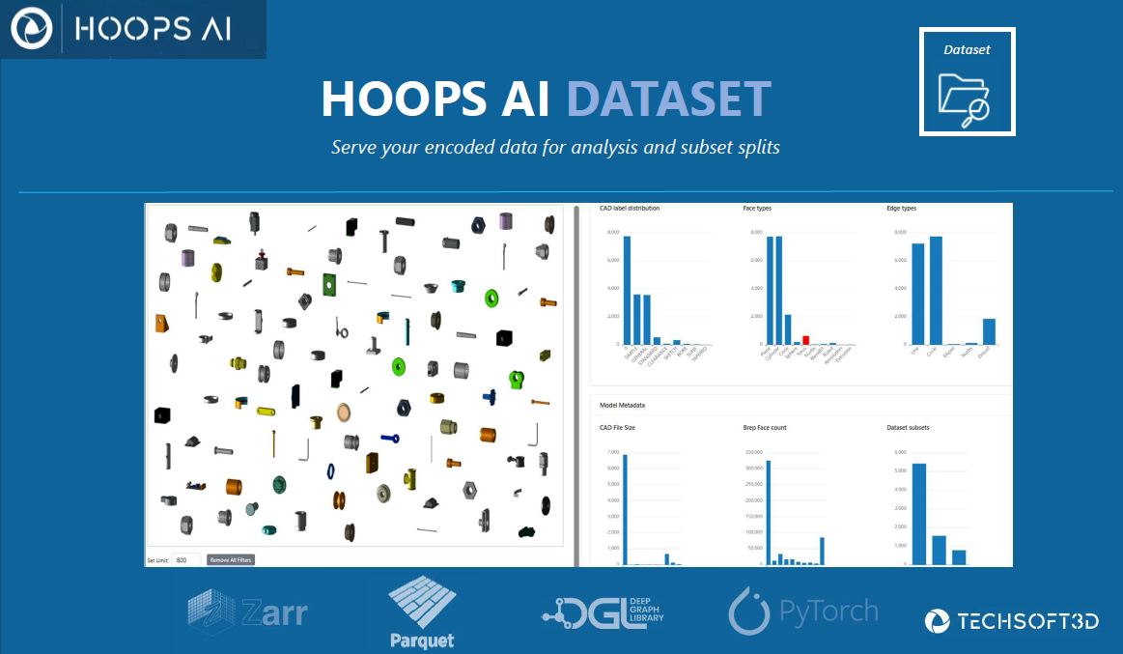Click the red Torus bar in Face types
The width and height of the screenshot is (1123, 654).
(x=805, y=340)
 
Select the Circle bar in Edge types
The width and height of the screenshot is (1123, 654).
(x=935, y=290)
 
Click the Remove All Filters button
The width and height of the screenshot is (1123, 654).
(x=231, y=559)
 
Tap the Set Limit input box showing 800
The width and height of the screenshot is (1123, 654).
(x=186, y=559)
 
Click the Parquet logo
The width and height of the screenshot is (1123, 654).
(x=422, y=611)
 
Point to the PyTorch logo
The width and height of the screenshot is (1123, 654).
(x=803, y=611)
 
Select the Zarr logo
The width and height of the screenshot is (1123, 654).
(x=248, y=611)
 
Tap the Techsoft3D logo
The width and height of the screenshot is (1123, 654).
(x=1011, y=621)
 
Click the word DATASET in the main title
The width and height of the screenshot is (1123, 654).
(x=668, y=99)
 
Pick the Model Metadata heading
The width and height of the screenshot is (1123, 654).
(x=622, y=405)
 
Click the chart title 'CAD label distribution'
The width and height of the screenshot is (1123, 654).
(x=630, y=208)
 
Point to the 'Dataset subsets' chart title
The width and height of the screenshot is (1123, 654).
(x=913, y=427)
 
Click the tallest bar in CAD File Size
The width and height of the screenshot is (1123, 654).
(x=625, y=509)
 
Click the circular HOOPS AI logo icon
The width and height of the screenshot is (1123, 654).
(x=30, y=29)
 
